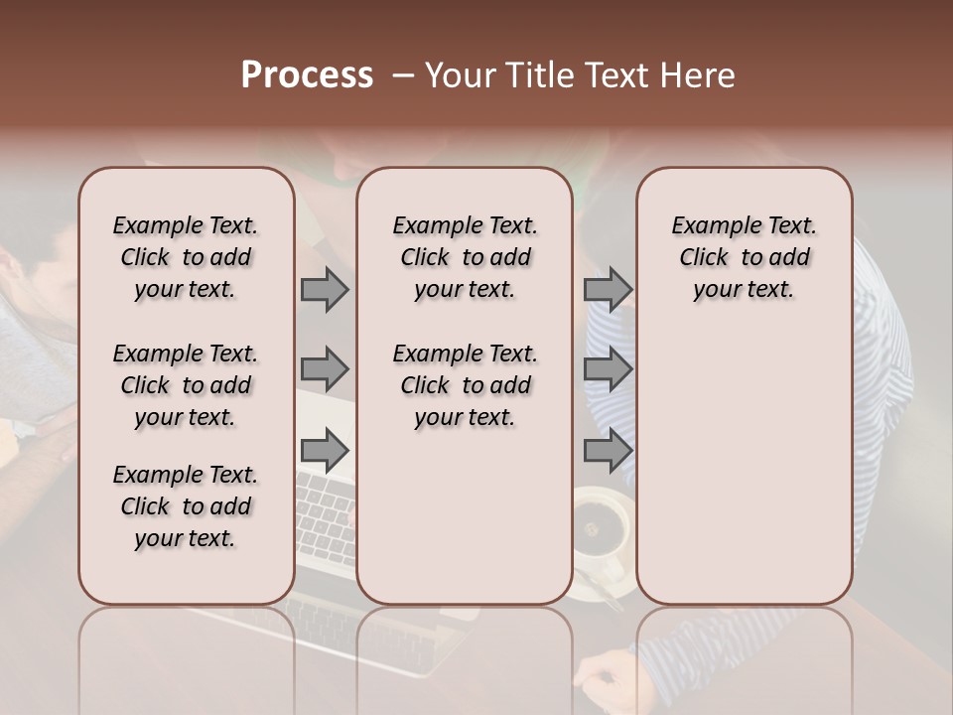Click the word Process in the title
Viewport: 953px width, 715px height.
[x=307, y=75]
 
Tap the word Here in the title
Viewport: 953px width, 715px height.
[x=698, y=75]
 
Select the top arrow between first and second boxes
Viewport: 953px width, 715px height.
[x=325, y=289]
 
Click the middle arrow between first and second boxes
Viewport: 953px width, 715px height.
[x=325, y=369]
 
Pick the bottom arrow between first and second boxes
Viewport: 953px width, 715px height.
[x=325, y=450]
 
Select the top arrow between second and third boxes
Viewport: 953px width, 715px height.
[x=608, y=289]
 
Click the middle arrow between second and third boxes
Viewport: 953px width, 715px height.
[x=608, y=369]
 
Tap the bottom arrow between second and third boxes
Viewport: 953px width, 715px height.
[x=608, y=450]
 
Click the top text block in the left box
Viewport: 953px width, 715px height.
[x=186, y=257]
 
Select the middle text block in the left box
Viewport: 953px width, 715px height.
[x=186, y=385]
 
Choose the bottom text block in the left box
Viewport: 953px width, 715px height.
[x=186, y=506]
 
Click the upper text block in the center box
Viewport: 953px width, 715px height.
[x=465, y=257]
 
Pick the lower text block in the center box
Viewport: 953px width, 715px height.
[x=465, y=385]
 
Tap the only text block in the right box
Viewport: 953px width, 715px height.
[x=744, y=257]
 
